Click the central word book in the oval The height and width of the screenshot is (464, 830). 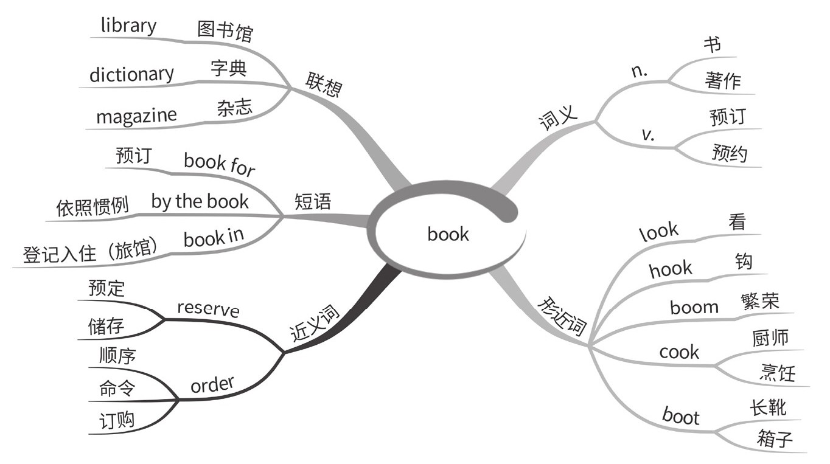coord(448,234)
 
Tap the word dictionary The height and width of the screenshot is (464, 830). coord(131,74)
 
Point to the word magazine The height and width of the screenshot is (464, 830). coord(136,115)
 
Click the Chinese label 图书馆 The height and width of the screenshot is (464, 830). coord(225,31)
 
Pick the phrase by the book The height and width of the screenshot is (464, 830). coord(200,201)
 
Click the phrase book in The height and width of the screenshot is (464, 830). coord(213,239)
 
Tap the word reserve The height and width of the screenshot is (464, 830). coord(208,309)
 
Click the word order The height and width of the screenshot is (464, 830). coord(212,385)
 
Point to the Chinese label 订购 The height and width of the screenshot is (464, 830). coord(117,421)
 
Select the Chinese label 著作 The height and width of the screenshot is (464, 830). coord(723,81)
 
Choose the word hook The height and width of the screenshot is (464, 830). coord(671,269)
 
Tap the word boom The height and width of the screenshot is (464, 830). coord(694,307)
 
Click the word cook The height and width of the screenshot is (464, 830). coord(679,352)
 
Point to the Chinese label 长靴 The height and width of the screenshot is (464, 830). coord(769,406)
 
